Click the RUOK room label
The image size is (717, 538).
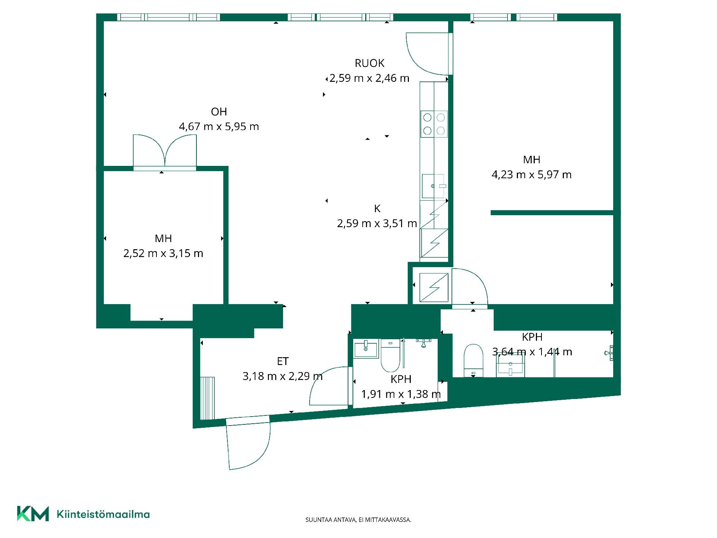pyautogui.click(x=369, y=63)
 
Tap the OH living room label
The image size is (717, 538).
pyautogui.click(x=219, y=112)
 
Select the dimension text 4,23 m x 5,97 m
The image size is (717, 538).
pyautogui.click(x=531, y=174)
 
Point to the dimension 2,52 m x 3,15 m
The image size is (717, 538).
pyautogui.click(x=163, y=253)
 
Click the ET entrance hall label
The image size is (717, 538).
pyautogui.click(x=283, y=361)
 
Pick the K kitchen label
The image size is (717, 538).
pyautogui.click(x=377, y=208)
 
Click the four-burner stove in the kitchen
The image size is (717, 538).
pyautogui.click(x=434, y=124)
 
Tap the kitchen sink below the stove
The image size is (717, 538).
pyautogui.click(x=434, y=186)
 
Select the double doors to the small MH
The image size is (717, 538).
pyautogui.click(x=165, y=152)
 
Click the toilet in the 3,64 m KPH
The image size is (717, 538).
pyautogui.click(x=473, y=361)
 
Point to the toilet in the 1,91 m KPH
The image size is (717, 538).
pyautogui.click(x=390, y=355)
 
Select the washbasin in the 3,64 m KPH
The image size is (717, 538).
pyautogui.click(x=510, y=365)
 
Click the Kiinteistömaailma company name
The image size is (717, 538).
pyautogui.click(x=103, y=514)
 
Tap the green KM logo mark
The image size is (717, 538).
pyautogui.click(x=33, y=514)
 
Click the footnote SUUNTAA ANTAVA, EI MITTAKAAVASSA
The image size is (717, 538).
pyautogui.click(x=358, y=520)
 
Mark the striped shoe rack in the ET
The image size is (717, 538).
pyautogui.click(x=208, y=398)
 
